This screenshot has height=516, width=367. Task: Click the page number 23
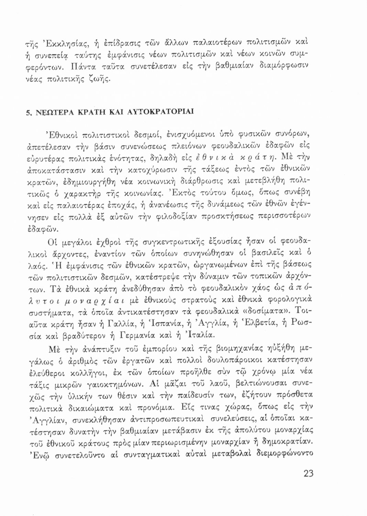(x=309, y=473)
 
